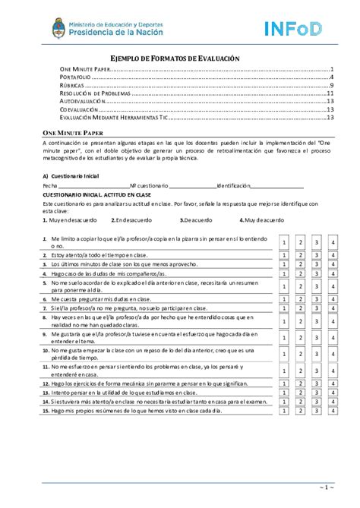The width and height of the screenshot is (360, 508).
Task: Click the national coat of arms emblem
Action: point(58,30)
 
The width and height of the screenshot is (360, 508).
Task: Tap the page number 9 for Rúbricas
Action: point(333,86)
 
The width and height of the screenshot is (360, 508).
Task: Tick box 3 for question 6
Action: point(317,299)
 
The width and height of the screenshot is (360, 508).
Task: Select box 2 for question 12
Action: point(300,385)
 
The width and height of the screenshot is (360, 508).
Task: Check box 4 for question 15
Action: point(333,411)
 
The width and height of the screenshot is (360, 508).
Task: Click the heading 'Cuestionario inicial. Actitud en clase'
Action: point(97,194)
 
